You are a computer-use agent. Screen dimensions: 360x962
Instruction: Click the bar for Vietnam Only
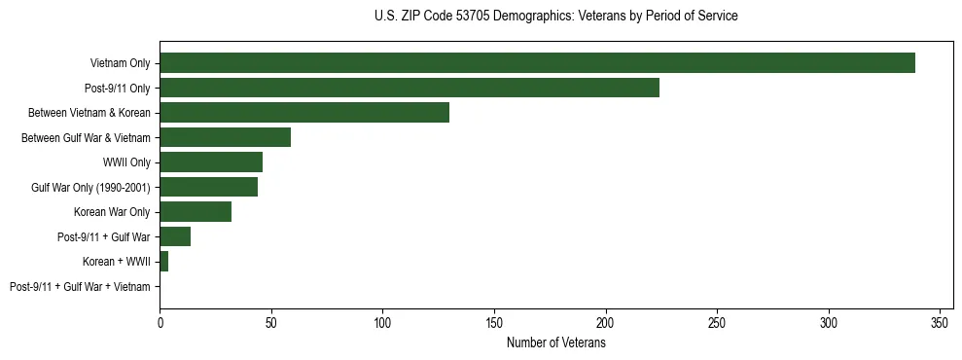[537, 63]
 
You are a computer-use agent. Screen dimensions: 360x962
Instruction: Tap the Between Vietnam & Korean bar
[304, 113]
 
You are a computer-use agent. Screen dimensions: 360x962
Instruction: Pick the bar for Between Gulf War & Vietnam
[225, 137]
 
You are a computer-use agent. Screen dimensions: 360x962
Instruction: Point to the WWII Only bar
[211, 162]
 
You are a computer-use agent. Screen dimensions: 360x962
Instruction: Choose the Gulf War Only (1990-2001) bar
[208, 187]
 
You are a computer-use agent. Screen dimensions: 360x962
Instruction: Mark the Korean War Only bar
[196, 212]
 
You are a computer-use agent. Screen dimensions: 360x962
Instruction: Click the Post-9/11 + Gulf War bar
[175, 236]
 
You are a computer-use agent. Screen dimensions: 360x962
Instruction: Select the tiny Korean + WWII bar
[163, 262]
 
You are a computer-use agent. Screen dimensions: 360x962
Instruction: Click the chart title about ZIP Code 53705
[555, 17]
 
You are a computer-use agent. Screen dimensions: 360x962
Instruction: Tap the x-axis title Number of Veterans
[555, 342]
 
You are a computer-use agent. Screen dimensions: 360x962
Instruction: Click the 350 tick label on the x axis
[940, 321]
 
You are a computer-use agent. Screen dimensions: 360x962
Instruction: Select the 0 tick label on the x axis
[160, 321]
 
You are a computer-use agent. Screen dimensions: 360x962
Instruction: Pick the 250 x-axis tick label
[717, 321]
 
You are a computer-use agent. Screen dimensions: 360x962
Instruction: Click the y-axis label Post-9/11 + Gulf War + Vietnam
[80, 287]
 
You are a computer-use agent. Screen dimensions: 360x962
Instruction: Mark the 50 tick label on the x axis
[271, 321]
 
